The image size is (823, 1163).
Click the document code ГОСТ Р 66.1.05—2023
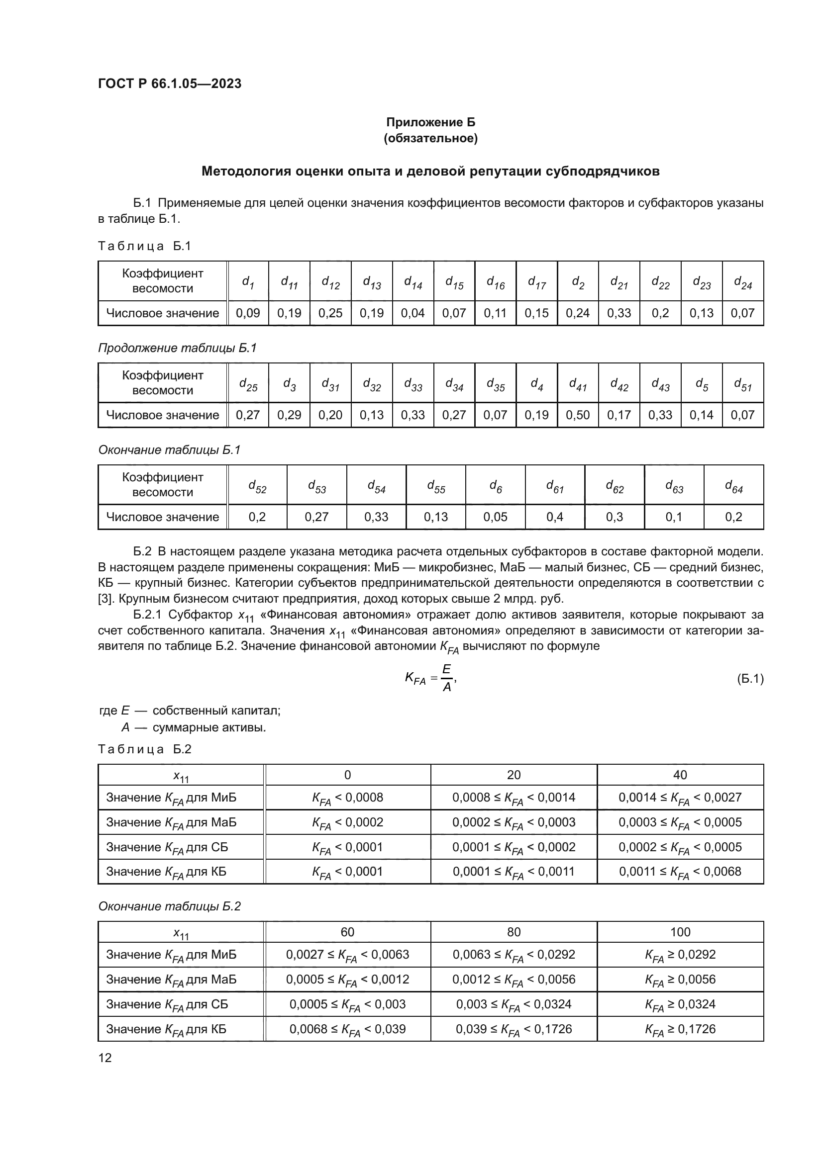click(170, 84)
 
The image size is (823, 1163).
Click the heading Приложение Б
click(431, 122)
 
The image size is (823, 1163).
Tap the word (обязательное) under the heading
click(431, 138)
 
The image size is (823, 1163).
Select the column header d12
click(330, 281)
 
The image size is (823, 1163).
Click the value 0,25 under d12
click(330, 313)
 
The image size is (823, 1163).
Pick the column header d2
click(578, 281)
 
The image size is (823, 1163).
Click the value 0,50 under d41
click(578, 415)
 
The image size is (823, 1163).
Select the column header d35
click(495, 384)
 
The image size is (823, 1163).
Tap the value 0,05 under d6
click(495, 517)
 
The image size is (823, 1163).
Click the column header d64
click(733, 486)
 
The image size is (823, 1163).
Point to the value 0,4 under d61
click(555, 517)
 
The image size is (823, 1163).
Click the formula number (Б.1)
click(750, 679)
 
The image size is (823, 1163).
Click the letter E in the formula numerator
click(446, 670)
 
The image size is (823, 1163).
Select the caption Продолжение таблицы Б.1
click(177, 348)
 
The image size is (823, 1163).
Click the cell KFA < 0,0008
click(348, 798)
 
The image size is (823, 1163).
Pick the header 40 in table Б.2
click(680, 775)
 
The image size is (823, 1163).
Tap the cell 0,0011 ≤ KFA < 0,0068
click(680, 871)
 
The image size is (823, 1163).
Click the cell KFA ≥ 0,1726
click(680, 1029)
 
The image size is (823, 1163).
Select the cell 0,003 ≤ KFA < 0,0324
click(514, 1004)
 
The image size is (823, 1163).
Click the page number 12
click(105, 1058)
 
